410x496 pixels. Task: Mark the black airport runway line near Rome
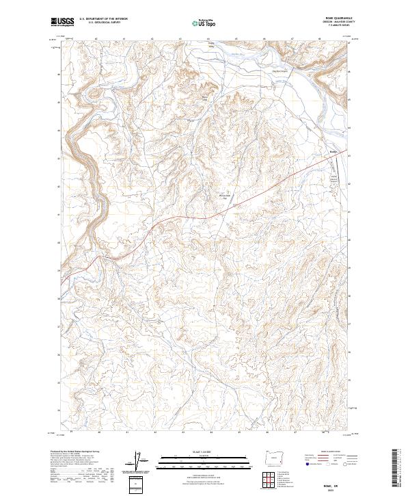point(339,167)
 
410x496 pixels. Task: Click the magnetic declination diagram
point(139,462)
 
